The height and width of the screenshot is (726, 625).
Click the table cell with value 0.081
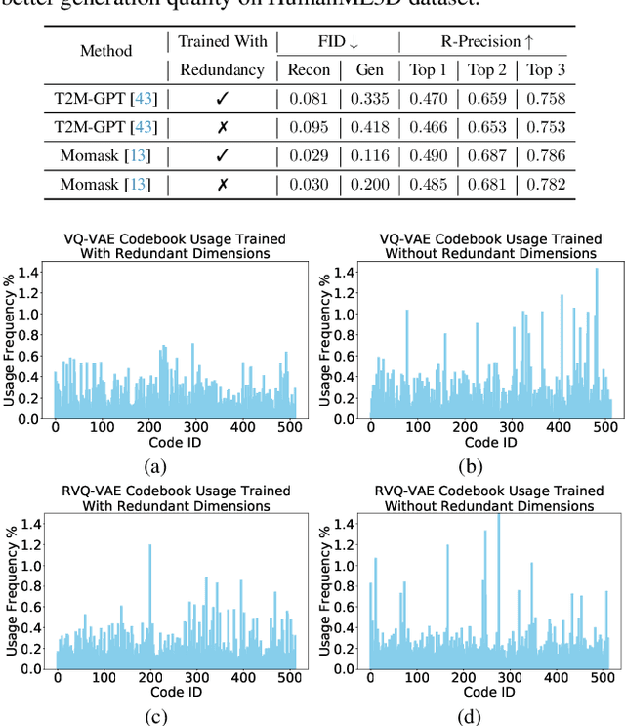click(308, 98)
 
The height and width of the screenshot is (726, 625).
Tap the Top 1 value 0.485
click(430, 184)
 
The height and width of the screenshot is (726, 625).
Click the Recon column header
click(308, 69)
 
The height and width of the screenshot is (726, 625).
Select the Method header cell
click(105, 55)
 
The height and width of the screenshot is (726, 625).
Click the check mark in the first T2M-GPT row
click(222, 98)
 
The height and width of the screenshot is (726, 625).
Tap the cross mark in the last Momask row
click(222, 184)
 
